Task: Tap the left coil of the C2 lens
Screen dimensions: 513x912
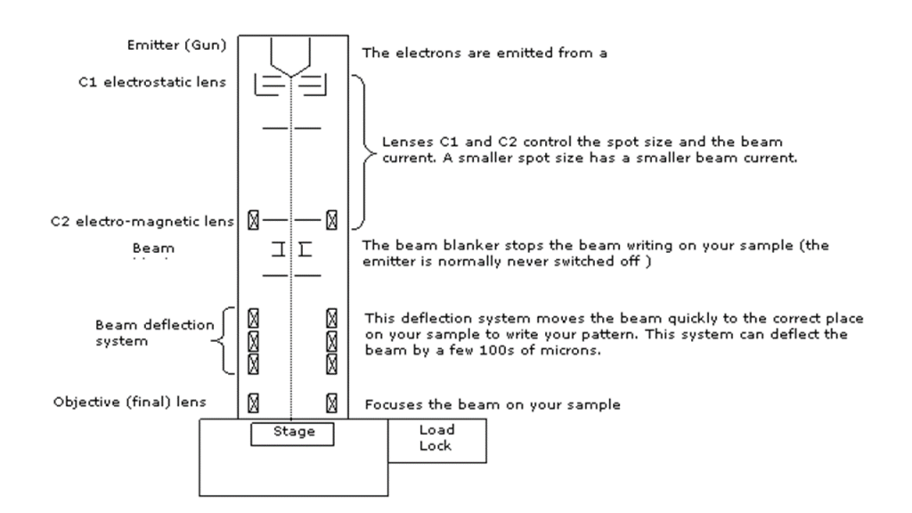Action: click(x=252, y=218)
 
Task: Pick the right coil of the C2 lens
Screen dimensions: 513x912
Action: click(x=331, y=218)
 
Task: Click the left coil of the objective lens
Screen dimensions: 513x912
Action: click(x=252, y=402)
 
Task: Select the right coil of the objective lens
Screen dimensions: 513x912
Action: click(x=331, y=402)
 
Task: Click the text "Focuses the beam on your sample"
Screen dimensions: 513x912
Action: click(x=493, y=404)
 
